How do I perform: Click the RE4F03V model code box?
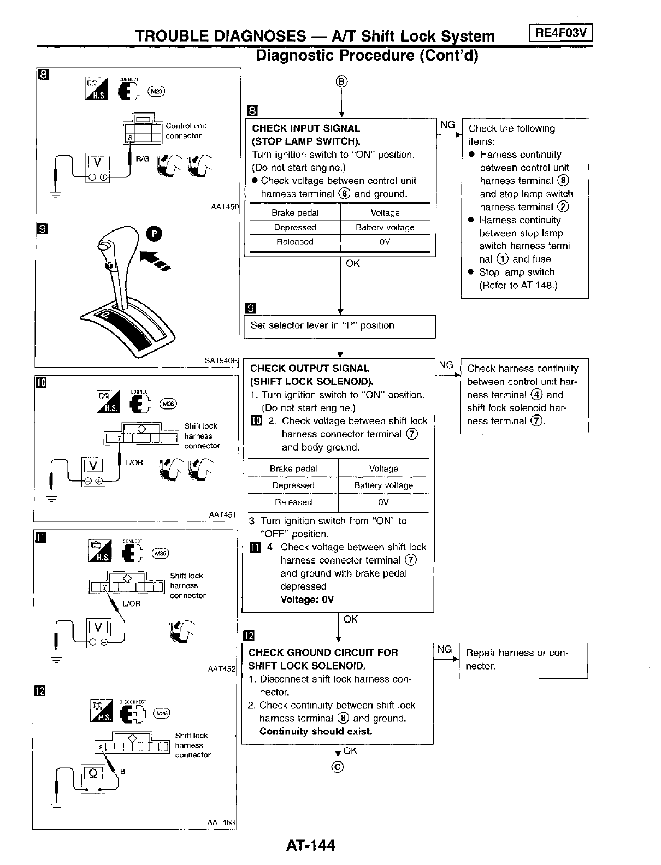[x=561, y=33]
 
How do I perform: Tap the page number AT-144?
[x=310, y=845]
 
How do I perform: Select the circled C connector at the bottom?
[x=338, y=767]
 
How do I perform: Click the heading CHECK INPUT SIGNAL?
[x=305, y=128]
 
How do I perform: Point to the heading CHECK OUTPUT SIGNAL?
[x=309, y=369]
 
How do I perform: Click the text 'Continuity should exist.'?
[x=316, y=732]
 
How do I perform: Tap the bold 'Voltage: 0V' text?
[x=307, y=600]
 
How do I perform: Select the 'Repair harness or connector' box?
[x=523, y=660]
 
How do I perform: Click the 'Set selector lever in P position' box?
[x=339, y=326]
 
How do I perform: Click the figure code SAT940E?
[x=221, y=360]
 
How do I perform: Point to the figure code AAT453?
[x=221, y=822]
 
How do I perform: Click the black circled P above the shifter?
[x=155, y=234]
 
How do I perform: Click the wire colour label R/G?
[x=142, y=158]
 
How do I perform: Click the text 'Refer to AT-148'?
[x=518, y=285]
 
